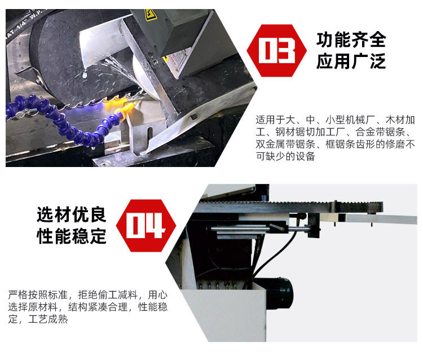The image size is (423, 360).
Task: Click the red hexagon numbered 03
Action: pos(276,50)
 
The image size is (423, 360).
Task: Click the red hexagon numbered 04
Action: pos(146,226)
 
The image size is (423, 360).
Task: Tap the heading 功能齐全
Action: pos(351,39)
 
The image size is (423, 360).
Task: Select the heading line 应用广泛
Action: pos(351,62)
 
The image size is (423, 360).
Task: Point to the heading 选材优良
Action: pos(72,214)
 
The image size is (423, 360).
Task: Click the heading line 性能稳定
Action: pos(72,236)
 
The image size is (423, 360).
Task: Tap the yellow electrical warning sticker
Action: pos(151,15)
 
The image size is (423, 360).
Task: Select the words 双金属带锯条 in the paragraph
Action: pos(285,144)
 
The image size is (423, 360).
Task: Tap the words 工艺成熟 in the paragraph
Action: pos(48,319)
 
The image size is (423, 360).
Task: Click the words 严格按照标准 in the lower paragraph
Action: pos(38,295)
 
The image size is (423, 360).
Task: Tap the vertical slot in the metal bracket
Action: pos(149,135)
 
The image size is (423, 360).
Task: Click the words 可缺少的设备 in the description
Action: pos(285,156)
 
